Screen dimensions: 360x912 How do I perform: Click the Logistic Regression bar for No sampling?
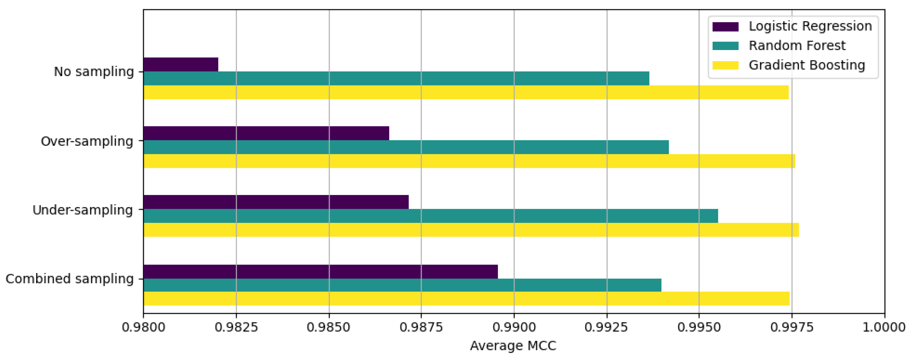[x=181, y=64]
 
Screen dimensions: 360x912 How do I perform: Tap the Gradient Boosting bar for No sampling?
[x=465, y=92]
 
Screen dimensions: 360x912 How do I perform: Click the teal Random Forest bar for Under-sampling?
[x=430, y=216]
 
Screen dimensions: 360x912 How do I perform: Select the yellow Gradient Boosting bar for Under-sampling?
[x=471, y=230]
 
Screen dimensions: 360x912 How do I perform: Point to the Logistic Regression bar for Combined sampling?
[x=320, y=272]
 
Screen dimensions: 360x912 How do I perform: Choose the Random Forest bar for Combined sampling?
[x=402, y=285]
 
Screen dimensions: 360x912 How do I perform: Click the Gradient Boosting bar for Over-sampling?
[x=469, y=161]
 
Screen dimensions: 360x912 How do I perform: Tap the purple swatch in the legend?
[x=725, y=27]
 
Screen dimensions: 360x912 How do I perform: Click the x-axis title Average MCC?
[x=513, y=345]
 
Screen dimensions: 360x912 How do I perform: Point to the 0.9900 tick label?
[x=514, y=327]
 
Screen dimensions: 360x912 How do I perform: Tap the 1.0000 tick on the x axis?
[x=884, y=327]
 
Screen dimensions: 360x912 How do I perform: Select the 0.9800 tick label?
[x=143, y=327]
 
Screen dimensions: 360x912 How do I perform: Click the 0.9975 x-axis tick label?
[x=792, y=327]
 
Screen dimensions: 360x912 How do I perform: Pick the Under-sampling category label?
[x=83, y=210]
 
